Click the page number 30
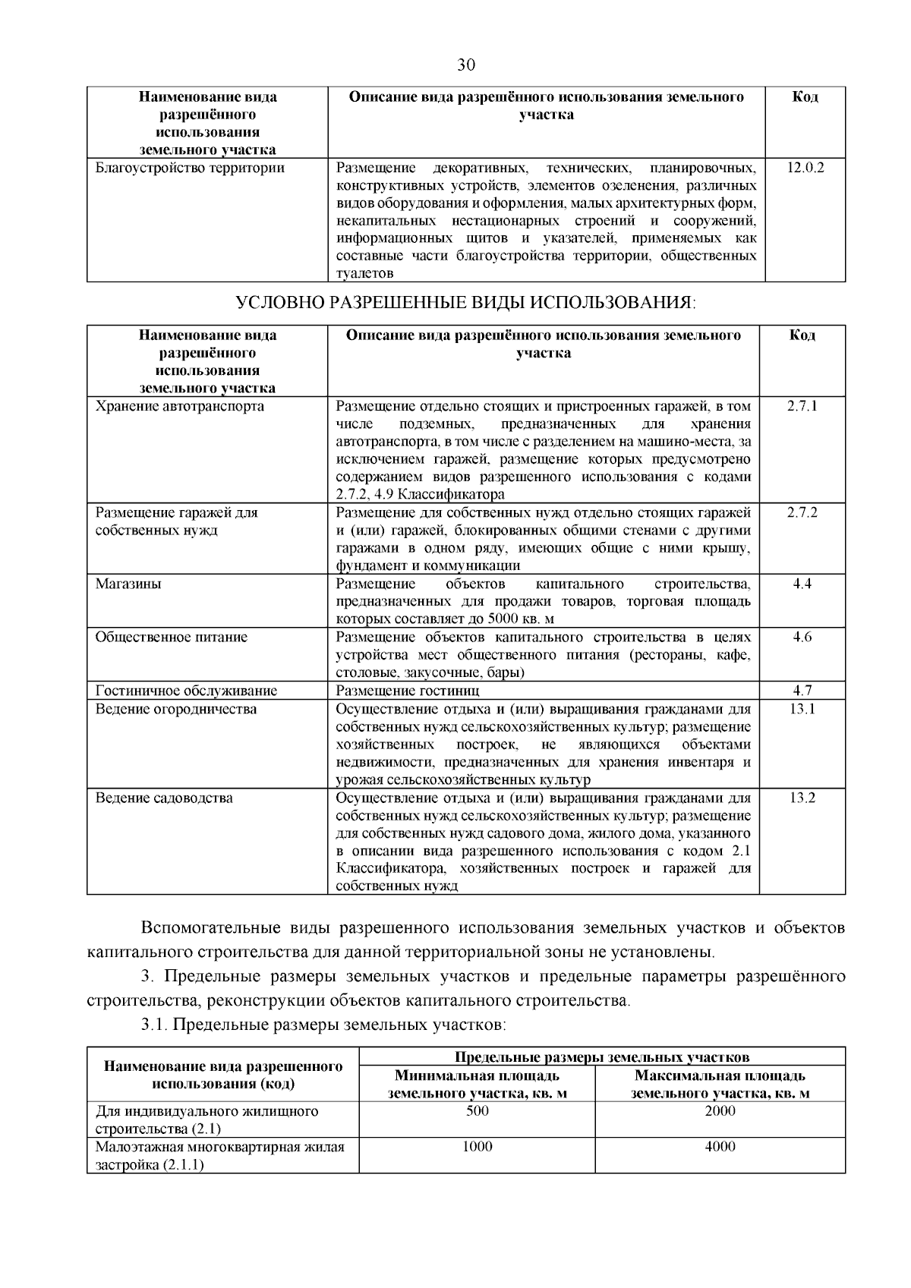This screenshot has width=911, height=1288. [466, 65]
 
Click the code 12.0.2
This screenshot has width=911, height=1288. [805, 167]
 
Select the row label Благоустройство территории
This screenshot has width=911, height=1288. [190, 168]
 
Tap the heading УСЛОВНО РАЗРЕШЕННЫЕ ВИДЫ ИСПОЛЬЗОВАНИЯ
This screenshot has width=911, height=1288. [465, 303]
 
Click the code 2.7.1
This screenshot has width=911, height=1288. [802, 406]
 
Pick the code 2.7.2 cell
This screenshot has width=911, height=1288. [802, 512]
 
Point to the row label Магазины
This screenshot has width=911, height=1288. [128, 584]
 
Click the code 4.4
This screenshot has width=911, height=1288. [802, 584]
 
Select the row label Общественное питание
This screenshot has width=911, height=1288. [172, 637]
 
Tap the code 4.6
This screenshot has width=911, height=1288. [802, 637]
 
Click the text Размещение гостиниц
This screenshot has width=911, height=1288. [408, 691]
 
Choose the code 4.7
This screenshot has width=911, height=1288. [802, 691]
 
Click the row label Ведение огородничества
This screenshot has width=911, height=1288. [176, 709]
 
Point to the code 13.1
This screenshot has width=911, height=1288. [802, 709]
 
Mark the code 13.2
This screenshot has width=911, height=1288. [802, 798]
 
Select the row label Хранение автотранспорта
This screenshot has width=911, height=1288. [180, 406]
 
